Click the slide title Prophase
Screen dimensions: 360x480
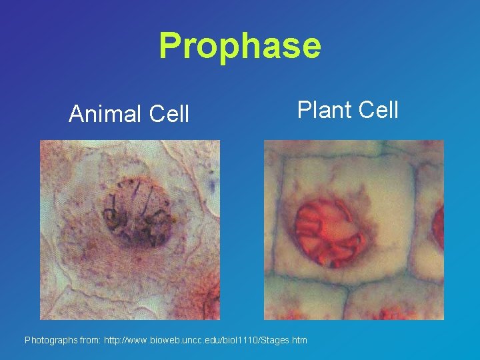(240, 45)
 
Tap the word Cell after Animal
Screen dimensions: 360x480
(169, 114)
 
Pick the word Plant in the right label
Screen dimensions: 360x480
(323, 109)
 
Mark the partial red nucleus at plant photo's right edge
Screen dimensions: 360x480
(438, 227)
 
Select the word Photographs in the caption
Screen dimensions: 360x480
(51, 341)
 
